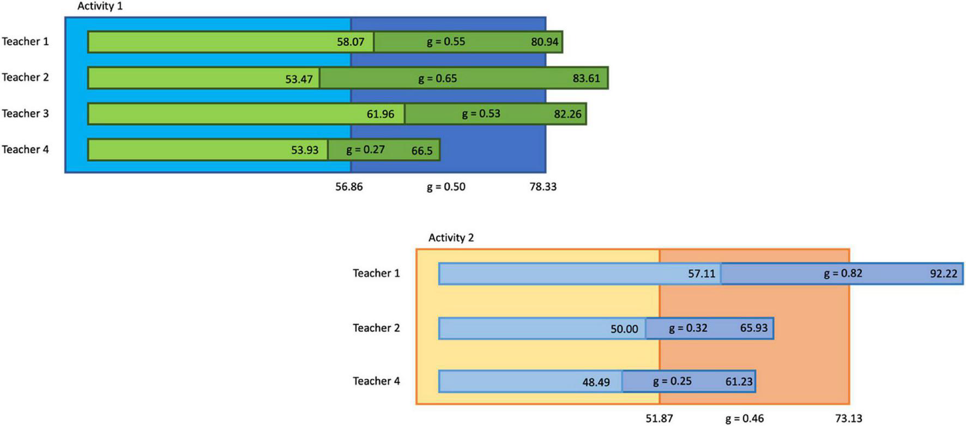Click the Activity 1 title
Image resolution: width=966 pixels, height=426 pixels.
pos(100,7)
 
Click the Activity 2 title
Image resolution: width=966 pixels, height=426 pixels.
pos(451,238)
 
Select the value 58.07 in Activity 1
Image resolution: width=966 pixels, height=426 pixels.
pos(350,42)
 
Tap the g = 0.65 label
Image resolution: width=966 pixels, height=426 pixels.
pos(437,78)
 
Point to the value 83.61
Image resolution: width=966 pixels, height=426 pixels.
pos(586,78)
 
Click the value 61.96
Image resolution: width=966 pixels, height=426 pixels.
pos(380,114)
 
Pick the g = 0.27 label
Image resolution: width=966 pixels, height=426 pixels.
pos(365,150)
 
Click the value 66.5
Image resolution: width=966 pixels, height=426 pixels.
pos(421,150)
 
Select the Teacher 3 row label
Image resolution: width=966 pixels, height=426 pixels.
pos(25,114)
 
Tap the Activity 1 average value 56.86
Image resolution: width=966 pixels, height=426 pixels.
pos(349,187)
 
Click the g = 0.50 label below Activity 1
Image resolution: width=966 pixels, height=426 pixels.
pos(446,187)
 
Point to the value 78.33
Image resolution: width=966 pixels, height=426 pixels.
pos(543,187)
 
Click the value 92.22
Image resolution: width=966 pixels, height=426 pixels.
pos(943,273)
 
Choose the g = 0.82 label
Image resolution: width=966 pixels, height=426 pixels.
pos(843,273)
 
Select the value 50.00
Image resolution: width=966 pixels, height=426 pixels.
pos(624,329)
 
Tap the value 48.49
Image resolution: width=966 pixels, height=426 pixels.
pos(596,382)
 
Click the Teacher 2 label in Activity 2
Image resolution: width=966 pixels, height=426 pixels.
pos(376,328)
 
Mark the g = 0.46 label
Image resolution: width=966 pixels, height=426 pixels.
pos(744,419)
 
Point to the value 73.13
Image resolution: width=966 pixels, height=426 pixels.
pos(848,419)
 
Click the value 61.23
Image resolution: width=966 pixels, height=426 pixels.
pos(739,382)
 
